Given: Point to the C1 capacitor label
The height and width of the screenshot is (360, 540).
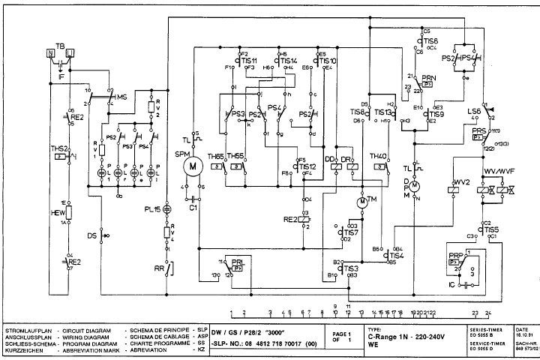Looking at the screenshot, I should tap(193, 208).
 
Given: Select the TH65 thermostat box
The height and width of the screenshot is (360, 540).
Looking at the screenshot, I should tap(216, 166).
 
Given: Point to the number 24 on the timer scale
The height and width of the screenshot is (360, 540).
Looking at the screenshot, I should tap(488, 313).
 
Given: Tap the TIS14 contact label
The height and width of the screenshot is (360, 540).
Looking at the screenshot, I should tap(288, 61).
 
